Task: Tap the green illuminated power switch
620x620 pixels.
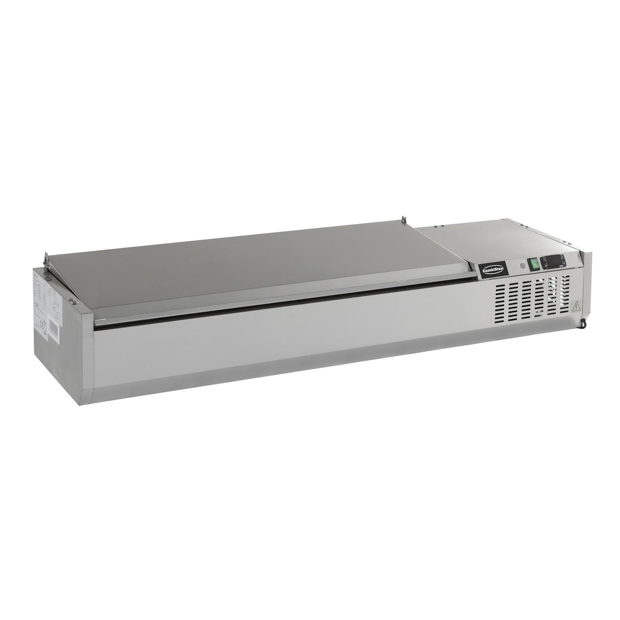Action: [533, 264]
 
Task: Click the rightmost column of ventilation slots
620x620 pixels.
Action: [565, 293]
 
